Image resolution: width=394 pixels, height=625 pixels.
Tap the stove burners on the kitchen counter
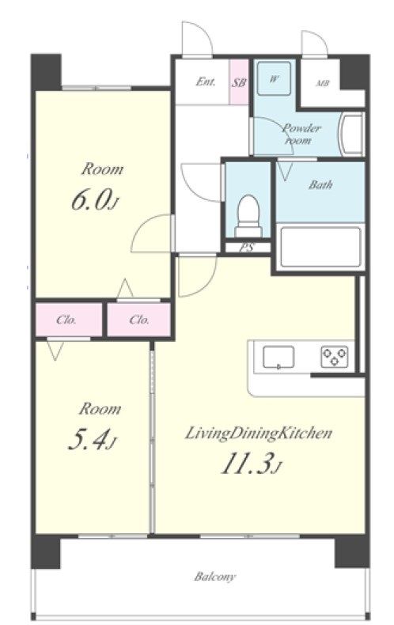click(334, 356)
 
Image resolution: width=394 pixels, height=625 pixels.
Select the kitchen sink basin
click(278, 356)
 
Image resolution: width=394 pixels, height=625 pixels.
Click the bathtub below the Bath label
click(320, 246)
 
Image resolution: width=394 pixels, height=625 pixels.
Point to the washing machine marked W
click(274, 78)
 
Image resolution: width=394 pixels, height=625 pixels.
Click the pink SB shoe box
click(239, 81)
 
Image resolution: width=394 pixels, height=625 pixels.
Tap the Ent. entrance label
click(206, 81)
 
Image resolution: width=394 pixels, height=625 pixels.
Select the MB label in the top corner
click(322, 84)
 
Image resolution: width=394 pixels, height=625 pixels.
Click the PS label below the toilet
click(248, 247)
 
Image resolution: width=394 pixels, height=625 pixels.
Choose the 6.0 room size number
click(90, 200)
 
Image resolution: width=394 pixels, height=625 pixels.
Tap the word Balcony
click(215, 577)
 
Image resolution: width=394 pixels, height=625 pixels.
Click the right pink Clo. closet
click(138, 320)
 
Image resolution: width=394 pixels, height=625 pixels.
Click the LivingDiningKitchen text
click(259, 433)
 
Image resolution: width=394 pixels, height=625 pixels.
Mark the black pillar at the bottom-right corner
click(351, 551)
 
